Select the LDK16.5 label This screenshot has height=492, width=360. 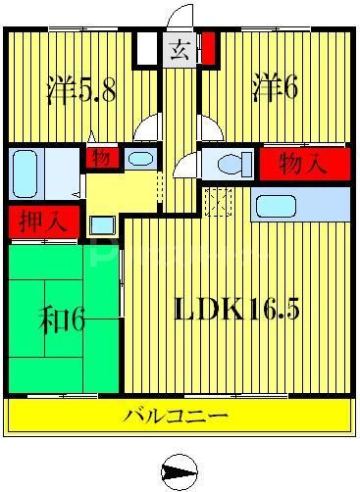[236, 311]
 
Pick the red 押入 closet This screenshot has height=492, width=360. [30, 221]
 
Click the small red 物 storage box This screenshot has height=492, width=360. [102, 158]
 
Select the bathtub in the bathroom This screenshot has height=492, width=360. [27, 173]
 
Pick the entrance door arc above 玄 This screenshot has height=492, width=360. [179, 21]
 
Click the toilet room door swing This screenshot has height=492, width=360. [187, 165]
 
